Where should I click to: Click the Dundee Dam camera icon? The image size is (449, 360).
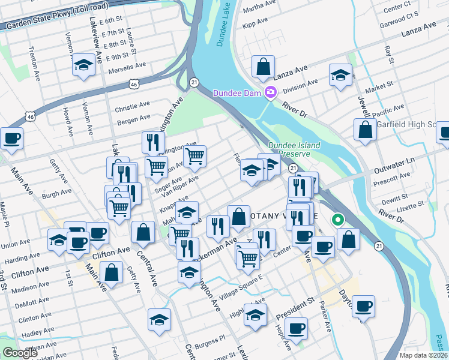pos(271,92)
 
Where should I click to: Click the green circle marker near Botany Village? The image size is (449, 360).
pos(337,220)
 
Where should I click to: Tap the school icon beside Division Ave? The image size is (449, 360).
pos(340,76)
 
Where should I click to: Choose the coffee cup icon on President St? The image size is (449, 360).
pos(296,329)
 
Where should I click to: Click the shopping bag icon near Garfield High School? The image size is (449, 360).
pos(365,130)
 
